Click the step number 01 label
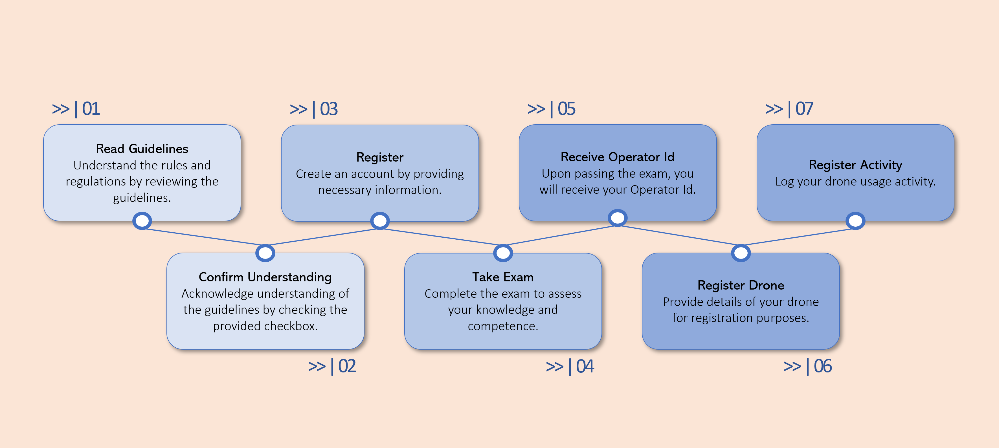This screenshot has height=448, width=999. [x=76, y=109]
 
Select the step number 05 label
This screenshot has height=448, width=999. [x=552, y=109]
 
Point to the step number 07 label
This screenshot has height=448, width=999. [x=789, y=109]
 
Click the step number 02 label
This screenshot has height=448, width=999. [x=332, y=366]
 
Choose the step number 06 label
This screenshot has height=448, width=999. [x=808, y=366]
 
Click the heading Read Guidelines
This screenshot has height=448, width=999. [x=142, y=149]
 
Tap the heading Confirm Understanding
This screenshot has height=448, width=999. [x=265, y=277]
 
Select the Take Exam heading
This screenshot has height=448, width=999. [x=503, y=277]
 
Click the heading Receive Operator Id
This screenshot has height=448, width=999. [x=617, y=157]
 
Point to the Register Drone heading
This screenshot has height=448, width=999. [x=741, y=285]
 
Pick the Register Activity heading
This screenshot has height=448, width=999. [x=855, y=165]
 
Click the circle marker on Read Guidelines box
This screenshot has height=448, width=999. [x=142, y=221]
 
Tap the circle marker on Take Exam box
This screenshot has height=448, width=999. [x=503, y=253]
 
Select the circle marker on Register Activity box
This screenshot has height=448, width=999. [x=855, y=221]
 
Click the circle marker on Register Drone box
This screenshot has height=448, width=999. [x=741, y=253]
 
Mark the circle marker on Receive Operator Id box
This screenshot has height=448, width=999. [x=617, y=218]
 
